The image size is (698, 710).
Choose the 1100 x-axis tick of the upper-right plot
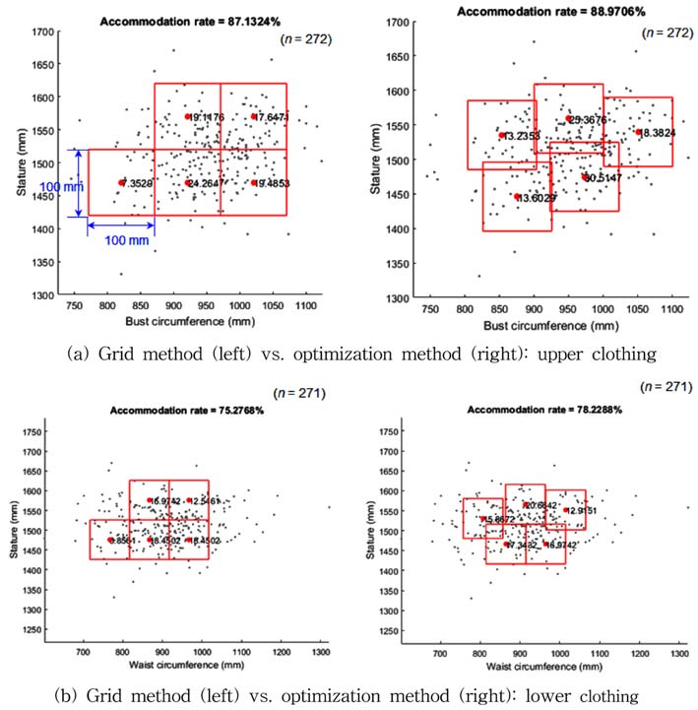click(x=672, y=310)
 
